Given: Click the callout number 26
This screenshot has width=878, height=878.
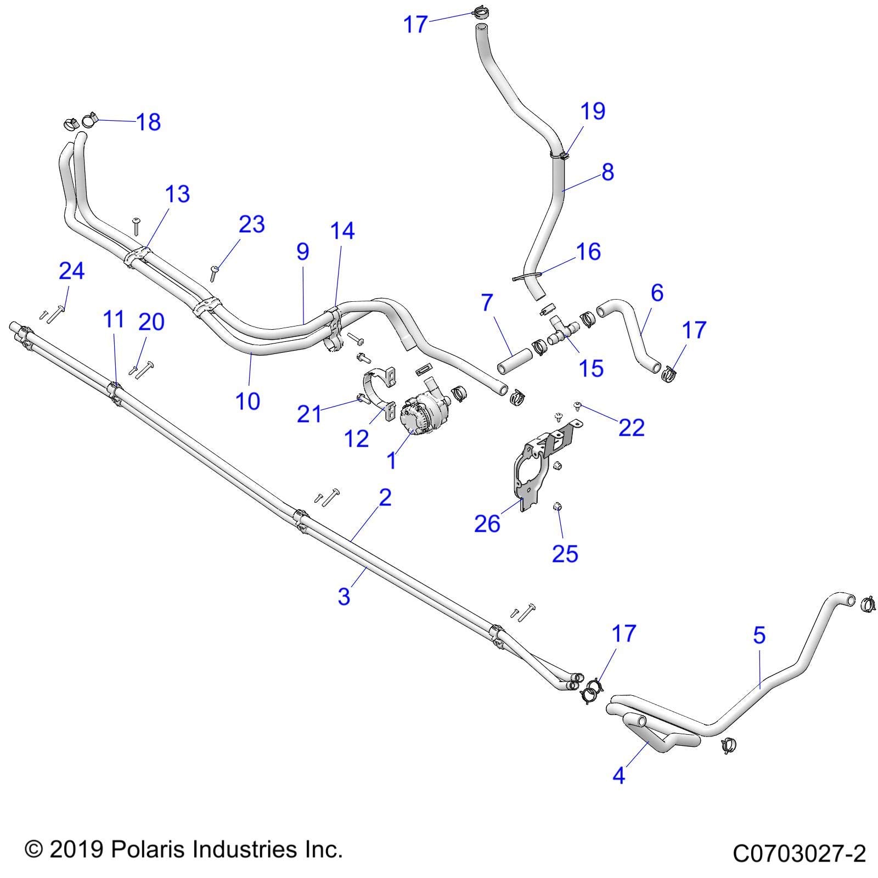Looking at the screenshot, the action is click(487, 524).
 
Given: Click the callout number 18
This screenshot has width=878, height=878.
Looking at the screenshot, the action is click(148, 122).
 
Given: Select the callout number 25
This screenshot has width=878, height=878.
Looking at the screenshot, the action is click(565, 554).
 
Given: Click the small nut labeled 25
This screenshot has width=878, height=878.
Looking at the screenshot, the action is click(557, 506).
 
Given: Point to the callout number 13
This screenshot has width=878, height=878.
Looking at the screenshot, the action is click(177, 194).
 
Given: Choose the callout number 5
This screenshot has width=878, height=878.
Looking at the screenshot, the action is click(759, 635).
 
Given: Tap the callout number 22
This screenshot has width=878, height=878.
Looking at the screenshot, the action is click(631, 427).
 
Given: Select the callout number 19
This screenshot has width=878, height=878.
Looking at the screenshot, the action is click(593, 111).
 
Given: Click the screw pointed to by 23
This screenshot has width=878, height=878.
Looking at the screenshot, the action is click(213, 273).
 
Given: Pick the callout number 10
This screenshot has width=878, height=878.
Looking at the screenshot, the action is click(247, 401).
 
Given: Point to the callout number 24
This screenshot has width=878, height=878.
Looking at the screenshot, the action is click(72, 271).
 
